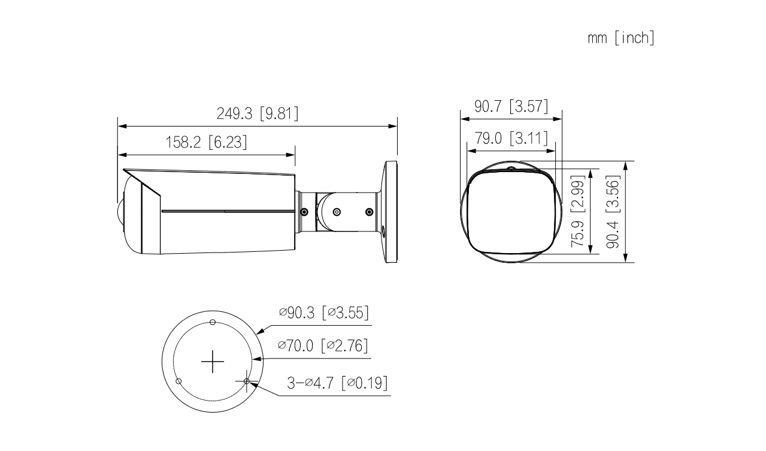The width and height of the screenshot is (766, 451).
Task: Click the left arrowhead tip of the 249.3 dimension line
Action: pos(118,127)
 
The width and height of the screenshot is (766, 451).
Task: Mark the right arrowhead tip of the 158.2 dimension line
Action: pos(295,155)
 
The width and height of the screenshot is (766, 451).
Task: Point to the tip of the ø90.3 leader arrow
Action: pos(256,333)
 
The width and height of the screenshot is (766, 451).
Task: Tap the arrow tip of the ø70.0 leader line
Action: pos(252,359)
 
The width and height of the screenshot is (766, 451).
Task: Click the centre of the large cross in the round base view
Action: pos(213,361)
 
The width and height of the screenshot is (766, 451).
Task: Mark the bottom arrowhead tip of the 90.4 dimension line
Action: pos(625,262)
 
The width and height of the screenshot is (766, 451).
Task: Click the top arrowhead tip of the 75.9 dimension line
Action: pos(591,169)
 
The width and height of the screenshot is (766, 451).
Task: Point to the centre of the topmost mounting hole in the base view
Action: pos(213,322)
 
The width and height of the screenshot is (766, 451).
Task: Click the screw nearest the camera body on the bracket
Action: pos(304,212)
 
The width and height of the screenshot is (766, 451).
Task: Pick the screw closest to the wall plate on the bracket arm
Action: pos(370,212)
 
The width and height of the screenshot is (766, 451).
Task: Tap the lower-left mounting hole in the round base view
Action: pos(178,381)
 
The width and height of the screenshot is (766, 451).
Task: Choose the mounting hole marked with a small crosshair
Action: pos(247,381)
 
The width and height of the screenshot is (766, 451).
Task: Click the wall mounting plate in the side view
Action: pos(390,212)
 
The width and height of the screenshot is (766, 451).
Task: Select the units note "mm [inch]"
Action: pos(621,38)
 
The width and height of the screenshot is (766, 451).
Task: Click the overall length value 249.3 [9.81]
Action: pos(258,113)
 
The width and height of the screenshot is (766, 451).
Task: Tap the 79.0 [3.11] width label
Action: pos(511,139)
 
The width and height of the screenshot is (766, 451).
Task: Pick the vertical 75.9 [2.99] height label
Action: pos(577,211)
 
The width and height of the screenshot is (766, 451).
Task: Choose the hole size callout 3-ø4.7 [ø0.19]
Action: pos(338,383)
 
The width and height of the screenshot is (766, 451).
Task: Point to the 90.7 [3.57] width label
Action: pos(511,106)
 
